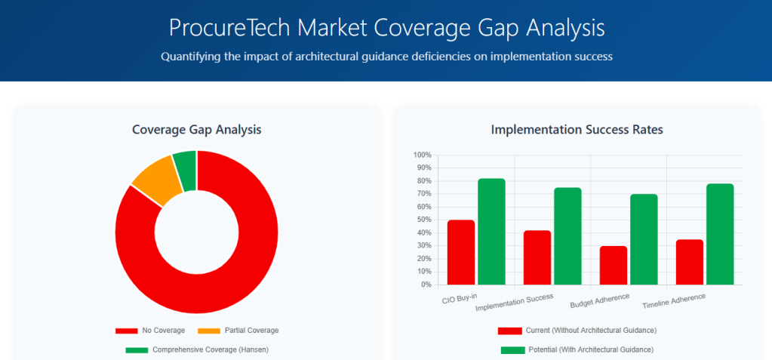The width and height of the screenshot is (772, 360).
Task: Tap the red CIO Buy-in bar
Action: tap(461, 253)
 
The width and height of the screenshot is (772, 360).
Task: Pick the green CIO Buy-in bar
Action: tap(491, 232)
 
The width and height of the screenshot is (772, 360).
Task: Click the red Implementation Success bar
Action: tap(537, 257)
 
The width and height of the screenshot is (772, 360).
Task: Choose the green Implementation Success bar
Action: tap(567, 236)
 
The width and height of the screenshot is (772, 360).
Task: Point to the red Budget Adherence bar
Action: tap(614, 266)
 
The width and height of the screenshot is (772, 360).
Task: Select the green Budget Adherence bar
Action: tap(644, 239)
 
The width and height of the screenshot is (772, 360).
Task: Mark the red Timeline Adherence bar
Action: tap(690, 262)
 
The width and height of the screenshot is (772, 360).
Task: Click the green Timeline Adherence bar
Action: tap(720, 234)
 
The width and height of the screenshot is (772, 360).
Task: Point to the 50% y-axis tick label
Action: tap(424, 220)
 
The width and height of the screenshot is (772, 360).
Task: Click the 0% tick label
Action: tap(426, 285)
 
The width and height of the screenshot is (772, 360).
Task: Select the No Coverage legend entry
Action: tap(150, 331)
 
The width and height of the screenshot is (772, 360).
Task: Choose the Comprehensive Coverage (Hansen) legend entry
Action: tap(197, 349)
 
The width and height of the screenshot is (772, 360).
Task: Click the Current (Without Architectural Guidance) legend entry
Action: tap(577, 331)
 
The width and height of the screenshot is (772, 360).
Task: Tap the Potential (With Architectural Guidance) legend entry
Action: tap(577, 349)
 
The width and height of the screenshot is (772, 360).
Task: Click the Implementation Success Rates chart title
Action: tap(577, 130)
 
